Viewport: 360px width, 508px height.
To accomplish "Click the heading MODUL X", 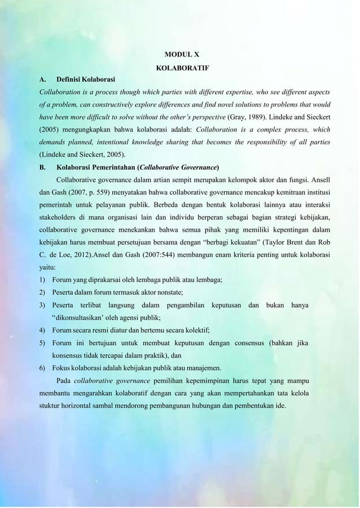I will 181,55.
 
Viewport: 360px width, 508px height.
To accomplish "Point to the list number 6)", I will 42,370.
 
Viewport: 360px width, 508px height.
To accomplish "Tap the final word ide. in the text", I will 280,406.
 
